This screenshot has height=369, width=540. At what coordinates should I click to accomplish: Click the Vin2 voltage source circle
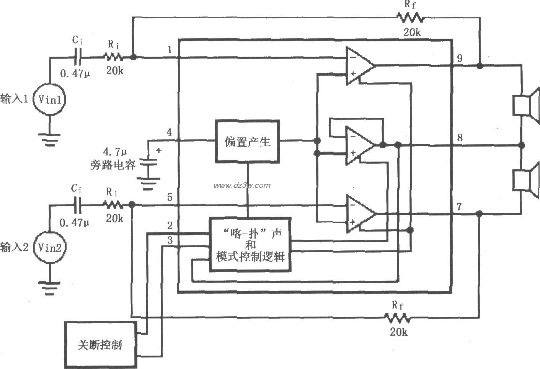[49, 247]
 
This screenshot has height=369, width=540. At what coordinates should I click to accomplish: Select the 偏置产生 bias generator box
[247, 142]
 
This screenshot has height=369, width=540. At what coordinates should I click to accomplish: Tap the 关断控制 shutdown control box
[100, 345]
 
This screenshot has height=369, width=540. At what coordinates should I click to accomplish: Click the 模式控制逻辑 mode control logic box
[250, 245]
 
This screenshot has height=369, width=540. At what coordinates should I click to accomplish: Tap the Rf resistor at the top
[410, 18]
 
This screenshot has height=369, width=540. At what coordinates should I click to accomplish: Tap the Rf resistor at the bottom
[398, 318]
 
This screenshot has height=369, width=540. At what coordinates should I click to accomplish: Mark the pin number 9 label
[459, 58]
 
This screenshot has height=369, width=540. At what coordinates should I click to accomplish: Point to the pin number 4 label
[169, 133]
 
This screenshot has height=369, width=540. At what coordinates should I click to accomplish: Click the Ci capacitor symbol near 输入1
[78, 58]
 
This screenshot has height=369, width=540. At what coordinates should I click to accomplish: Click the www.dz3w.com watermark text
[242, 186]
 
